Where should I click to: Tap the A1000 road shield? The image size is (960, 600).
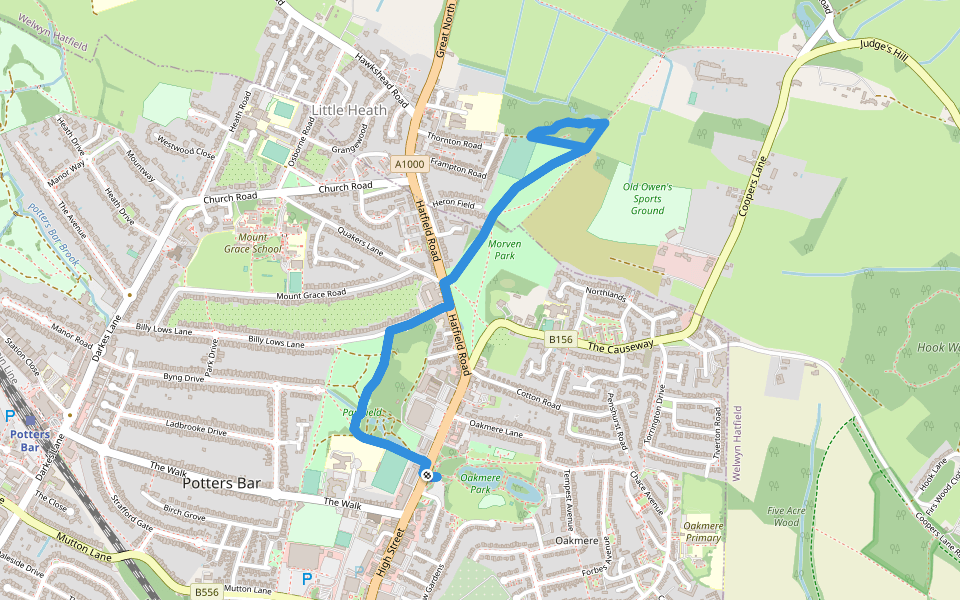coord(408,164)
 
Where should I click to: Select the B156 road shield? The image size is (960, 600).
coord(560,340)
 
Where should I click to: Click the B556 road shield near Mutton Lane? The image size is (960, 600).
coord(207,592)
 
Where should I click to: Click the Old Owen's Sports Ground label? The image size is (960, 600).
coord(647,198)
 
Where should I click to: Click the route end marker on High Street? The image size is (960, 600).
coord(427,475)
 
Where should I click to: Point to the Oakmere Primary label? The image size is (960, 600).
coord(703,531)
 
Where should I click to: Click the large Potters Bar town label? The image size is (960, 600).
coord(221,483)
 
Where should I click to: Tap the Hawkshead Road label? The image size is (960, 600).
coord(379,81)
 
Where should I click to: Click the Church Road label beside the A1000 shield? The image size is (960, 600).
coord(345,187)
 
